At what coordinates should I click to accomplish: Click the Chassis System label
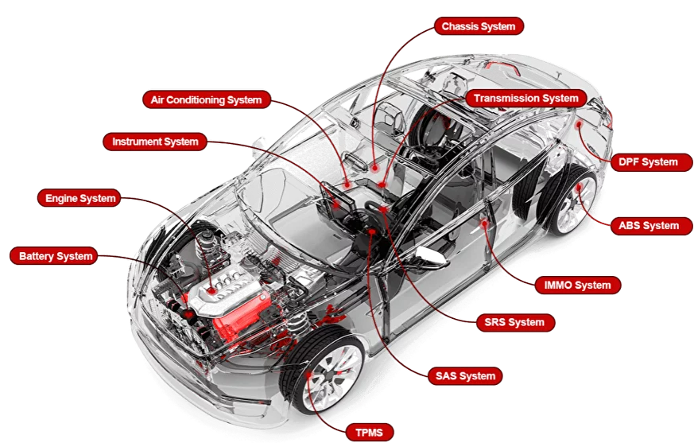(x=478, y=26)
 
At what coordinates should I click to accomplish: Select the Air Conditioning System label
(x=205, y=100)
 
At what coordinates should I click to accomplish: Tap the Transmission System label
(x=525, y=99)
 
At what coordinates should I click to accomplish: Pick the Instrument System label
(x=154, y=142)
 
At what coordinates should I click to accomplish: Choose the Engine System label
(x=80, y=198)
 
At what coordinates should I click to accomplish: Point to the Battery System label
(x=56, y=256)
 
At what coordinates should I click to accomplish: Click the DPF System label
(x=648, y=162)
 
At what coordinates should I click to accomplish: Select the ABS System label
(x=649, y=226)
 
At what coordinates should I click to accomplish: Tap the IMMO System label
(x=577, y=285)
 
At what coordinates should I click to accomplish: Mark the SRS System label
(x=514, y=322)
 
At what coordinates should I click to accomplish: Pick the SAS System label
(x=465, y=375)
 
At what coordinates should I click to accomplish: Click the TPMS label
(x=370, y=433)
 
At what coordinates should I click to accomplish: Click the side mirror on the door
(x=425, y=256)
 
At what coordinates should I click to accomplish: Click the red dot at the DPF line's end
(x=580, y=125)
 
